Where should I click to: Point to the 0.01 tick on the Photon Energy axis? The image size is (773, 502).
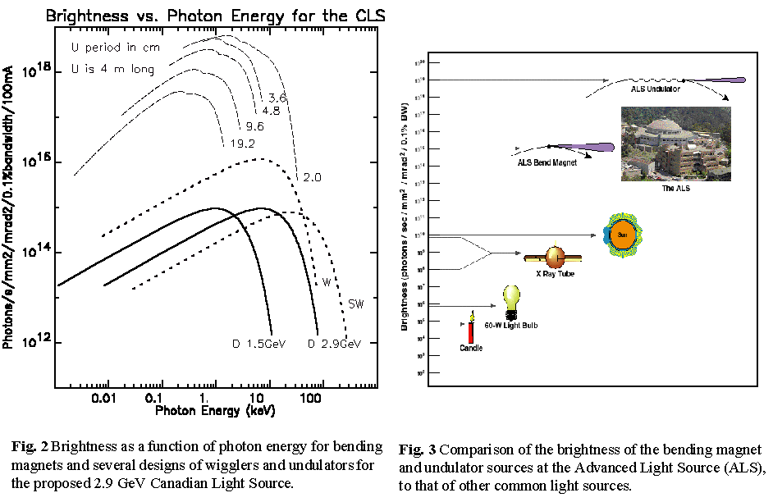tap(103, 397)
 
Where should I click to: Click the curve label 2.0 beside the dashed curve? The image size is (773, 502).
tap(311, 177)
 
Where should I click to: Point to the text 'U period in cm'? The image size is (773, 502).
tap(116, 48)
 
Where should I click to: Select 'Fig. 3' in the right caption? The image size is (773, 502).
tap(412, 450)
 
